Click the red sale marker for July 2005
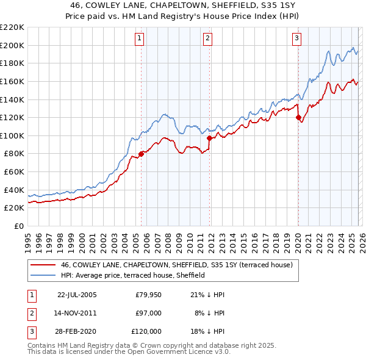coord(141,154)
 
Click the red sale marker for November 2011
coord(209,138)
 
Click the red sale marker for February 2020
coord(298,117)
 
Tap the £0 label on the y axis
coord(20,226)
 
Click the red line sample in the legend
coord(44,265)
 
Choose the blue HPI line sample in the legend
coord(44,275)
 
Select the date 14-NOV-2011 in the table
coord(76,313)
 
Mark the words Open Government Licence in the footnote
coord(183,352)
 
